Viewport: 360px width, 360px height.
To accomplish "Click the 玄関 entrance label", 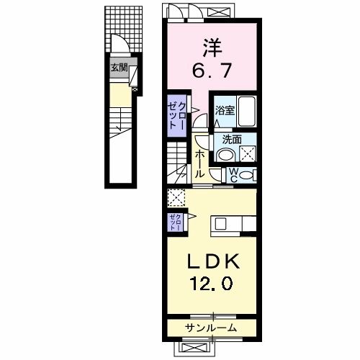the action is pyautogui.click(x=119, y=68).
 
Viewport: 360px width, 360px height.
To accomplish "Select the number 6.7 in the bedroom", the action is pyautogui.click(x=212, y=70).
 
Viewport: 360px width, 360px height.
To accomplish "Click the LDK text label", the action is pyautogui.click(x=213, y=261).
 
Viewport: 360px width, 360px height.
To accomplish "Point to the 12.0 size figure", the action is pyautogui.click(x=212, y=283).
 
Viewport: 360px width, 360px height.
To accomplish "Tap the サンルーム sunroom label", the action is pyautogui.click(x=211, y=328).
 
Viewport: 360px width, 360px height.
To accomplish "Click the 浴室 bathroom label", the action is pyautogui.click(x=225, y=111).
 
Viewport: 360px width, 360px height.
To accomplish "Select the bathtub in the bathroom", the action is pyautogui.click(x=246, y=112).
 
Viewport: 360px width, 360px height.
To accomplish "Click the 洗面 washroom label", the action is pyautogui.click(x=232, y=140).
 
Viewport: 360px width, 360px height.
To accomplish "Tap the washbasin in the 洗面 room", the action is pyautogui.click(x=225, y=156).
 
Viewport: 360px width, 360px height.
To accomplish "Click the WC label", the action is pyautogui.click(x=233, y=175).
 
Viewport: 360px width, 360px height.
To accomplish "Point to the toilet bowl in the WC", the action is pyautogui.click(x=246, y=175).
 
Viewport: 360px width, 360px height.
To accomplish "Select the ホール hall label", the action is pyautogui.click(x=199, y=164).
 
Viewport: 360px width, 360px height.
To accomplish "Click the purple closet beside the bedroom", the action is pyautogui.click(x=177, y=116).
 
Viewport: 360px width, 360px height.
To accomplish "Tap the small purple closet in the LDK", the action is pyautogui.click(x=176, y=222).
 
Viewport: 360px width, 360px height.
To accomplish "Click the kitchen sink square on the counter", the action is pyautogui.click(x=220, y=225).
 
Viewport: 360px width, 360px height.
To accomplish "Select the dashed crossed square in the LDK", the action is pyautogui.click(x=176, y=197).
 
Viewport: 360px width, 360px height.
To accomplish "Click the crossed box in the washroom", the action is pyautogui.click(x=248, y=153).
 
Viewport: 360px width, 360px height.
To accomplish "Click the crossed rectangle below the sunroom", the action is pyautogui.click(x=194, y=348).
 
